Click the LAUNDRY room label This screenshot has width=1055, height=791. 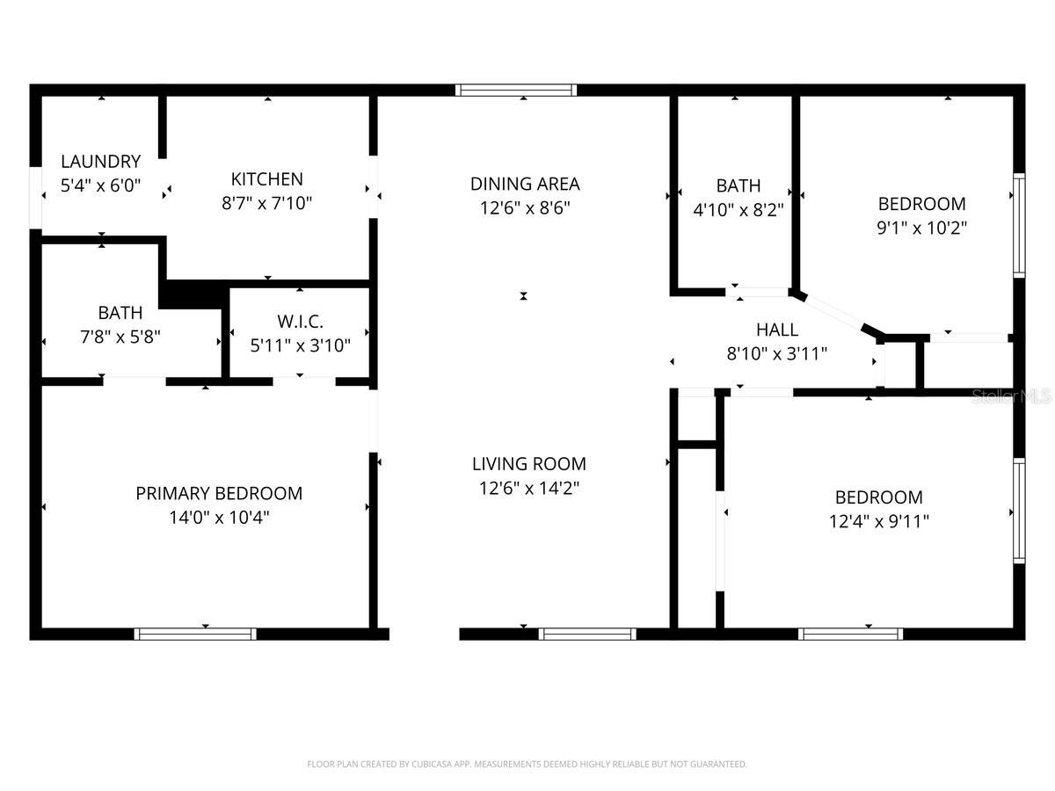point(100,162)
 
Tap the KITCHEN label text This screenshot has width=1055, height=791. point(266,179)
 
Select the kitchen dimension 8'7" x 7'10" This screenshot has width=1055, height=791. point(266,203)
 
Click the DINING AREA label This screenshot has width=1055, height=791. point(525,184)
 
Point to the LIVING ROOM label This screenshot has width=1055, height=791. point(528,464)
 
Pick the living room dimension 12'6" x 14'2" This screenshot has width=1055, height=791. point(528,488)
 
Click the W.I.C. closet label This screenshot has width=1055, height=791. point(300,321)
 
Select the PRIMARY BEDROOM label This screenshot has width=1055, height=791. point(219,494)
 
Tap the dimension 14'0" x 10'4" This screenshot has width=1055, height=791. point(219,518)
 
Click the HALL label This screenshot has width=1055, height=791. point(777,330)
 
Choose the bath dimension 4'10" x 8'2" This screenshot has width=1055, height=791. point(738,210)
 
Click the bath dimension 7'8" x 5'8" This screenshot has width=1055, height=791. point(120,337)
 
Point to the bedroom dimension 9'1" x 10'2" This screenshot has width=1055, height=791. point(921,228)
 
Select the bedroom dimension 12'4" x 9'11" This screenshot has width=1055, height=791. point(878,521)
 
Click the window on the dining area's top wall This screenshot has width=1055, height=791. point(516,90)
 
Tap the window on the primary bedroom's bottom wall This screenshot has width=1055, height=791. point(195,634)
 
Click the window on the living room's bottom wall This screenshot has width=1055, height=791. point(586,634)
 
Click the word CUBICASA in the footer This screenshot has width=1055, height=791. point(430,765)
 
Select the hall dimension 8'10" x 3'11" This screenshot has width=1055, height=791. point(777,354)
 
